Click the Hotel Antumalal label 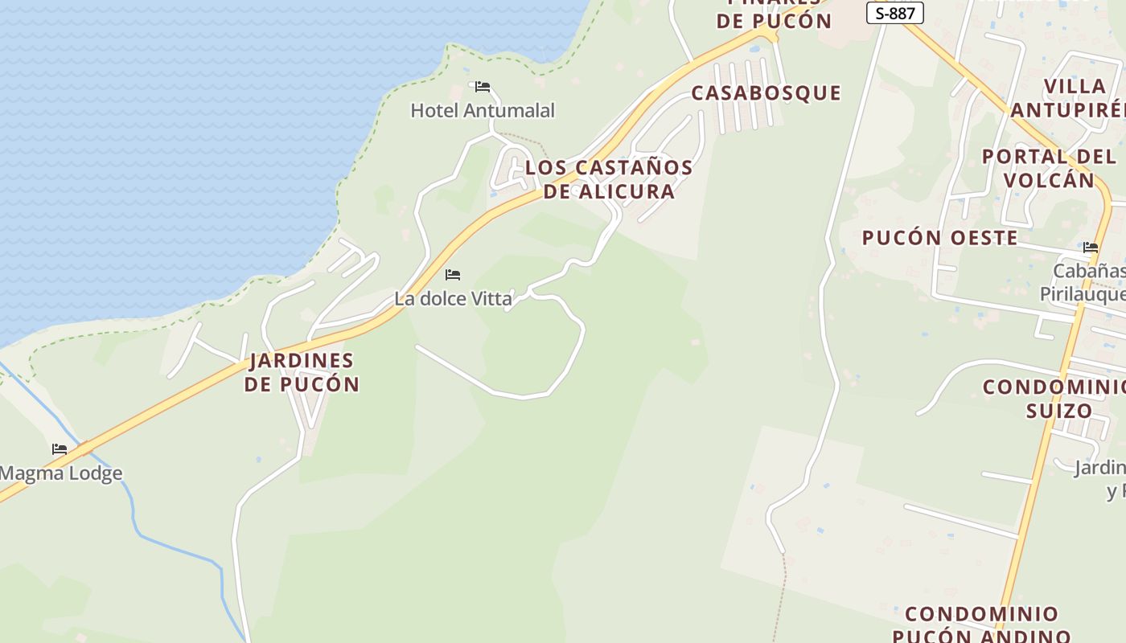(483, 110)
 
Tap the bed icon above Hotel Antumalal (483, 87)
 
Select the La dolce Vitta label (453, 299)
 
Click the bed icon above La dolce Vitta (453, 275)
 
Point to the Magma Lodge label (61, 473)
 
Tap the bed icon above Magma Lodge (60, 449)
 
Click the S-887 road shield (894, 13)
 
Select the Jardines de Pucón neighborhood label (302, 371)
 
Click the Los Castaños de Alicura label (609, 179)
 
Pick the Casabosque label (766, 93)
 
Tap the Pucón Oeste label (939, 238)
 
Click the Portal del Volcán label (1049, 168)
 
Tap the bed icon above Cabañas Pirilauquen (1091, 248)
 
